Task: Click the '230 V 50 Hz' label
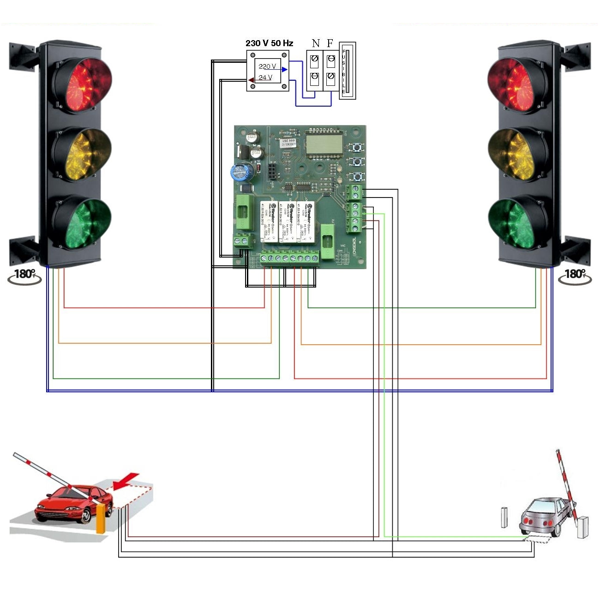click(x=269, y=43)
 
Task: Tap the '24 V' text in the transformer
click(x=265, y=78)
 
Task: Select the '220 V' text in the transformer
click(x=267, y=66)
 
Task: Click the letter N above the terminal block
click(x=316, y=44)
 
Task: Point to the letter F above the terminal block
click(x=330, y=44)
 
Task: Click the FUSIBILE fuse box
click(x=347, y=71)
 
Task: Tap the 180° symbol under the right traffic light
click(x=575, y=276)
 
